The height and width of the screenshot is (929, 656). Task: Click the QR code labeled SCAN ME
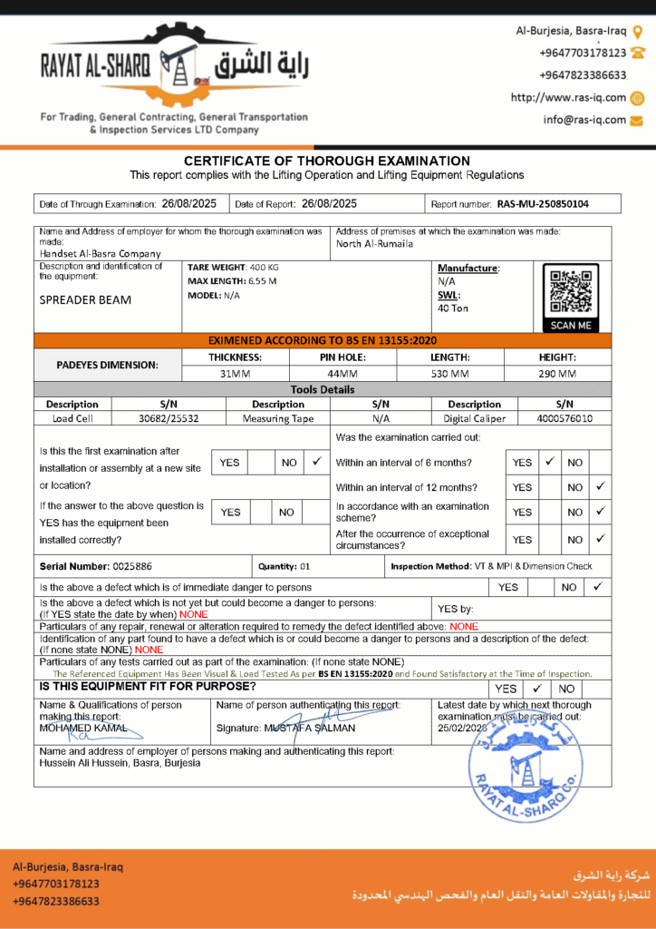[x=570, y=292]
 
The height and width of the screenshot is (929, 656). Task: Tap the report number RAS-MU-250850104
[x=543, y=204]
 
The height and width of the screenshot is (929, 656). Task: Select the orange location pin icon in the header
[x=638, y=31]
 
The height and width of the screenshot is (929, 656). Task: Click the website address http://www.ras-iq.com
[x=568, y=98]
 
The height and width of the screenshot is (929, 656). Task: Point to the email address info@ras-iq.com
[x=584, y=120]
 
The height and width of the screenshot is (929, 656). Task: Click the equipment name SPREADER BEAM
[x=85, y=300]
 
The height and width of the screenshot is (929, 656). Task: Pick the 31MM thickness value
[x=235, y=373]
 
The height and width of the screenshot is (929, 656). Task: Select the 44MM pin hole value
[x=342, y=373]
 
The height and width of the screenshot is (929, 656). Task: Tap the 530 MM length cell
[x=449, y=373]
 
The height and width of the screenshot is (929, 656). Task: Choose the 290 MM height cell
[x=557, y=373]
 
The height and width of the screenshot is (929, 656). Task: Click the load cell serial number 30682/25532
[x=169, y=418]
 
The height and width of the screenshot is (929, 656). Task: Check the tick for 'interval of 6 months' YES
[x=549, y=462]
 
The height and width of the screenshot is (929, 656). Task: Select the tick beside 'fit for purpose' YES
[x=537, y=688]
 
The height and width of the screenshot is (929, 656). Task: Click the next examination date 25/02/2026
[x=463, y=728]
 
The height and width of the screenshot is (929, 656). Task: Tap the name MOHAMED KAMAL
[x=76, y=728]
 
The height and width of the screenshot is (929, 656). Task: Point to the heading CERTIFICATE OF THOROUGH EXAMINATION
[x=327, y=161]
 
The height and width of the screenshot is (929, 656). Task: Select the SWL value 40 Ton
[x=453, y=308]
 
